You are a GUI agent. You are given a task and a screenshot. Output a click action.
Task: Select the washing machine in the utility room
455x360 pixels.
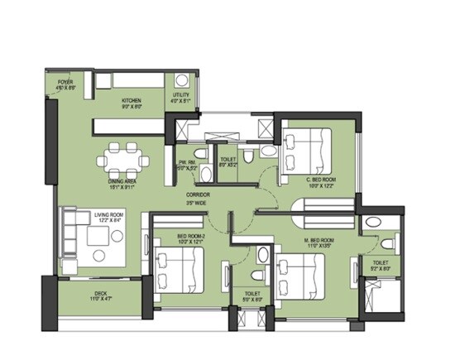(x=180, y=81)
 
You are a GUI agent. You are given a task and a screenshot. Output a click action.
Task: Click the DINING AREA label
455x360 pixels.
(x=126, y=185)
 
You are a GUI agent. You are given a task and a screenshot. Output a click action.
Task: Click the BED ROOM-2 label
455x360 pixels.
(x=190, y=238)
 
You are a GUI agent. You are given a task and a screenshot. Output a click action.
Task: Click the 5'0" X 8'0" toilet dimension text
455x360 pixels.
(x=252, y=297)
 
